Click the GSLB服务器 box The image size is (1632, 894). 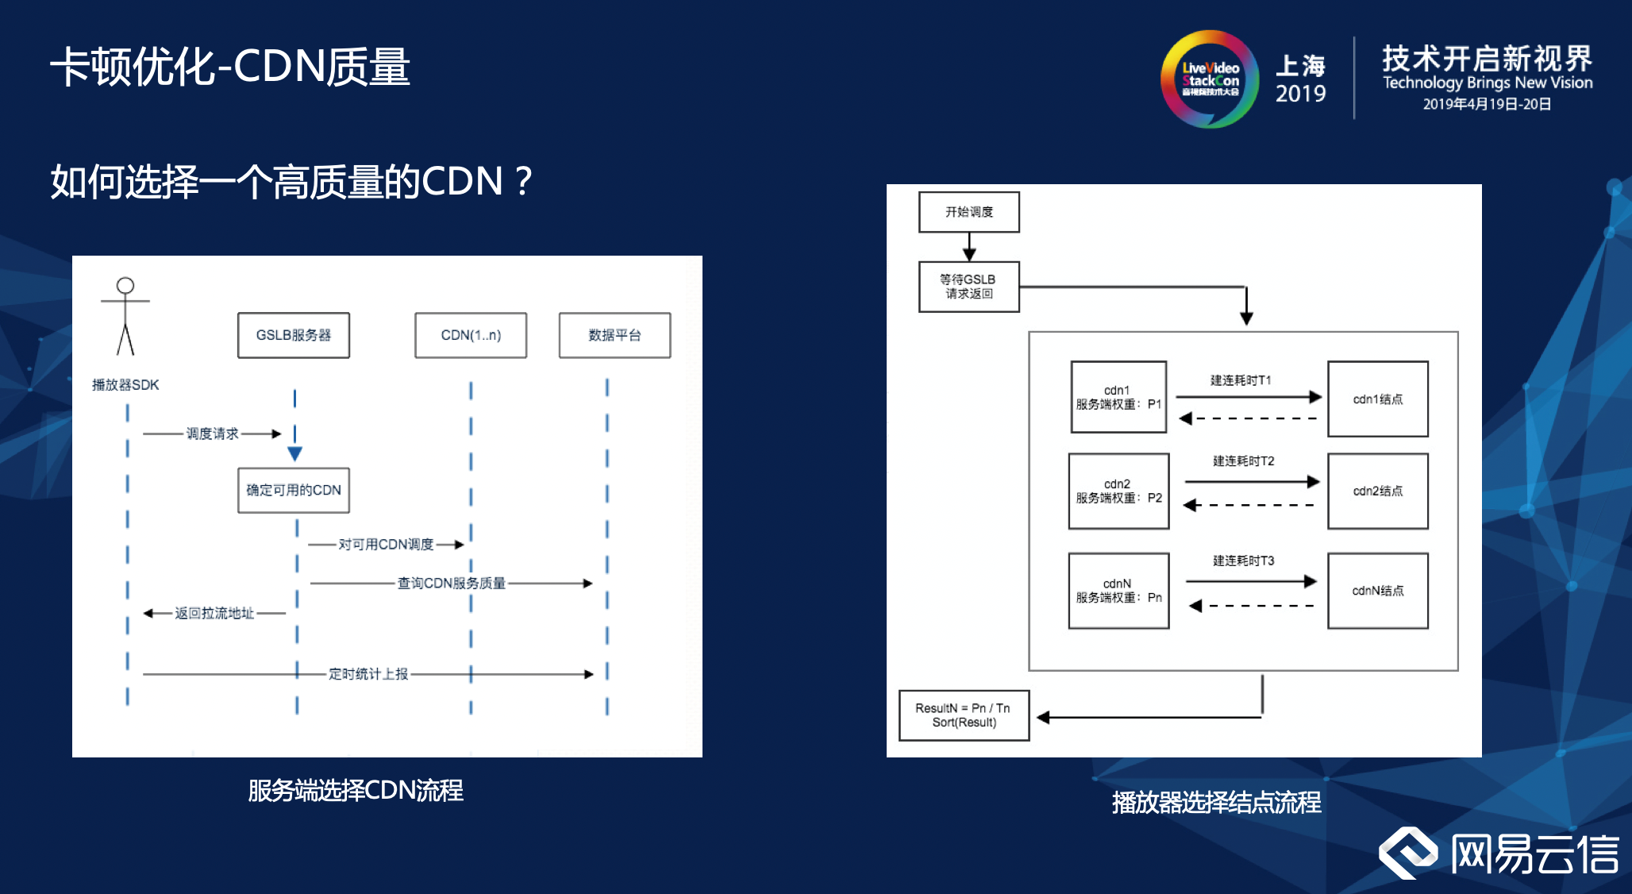click(293, 335)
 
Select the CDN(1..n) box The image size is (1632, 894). click(471, 335)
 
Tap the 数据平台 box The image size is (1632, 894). click(614, 335)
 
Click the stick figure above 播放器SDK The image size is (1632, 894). click(125, 316)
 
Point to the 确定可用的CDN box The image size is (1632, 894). click(293, 490)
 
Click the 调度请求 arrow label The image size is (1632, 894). click(212, 434)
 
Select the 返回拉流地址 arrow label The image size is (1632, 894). click(214, 613)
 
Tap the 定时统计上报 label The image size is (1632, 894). click(368, 674)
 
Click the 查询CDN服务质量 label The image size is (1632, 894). click(451, 583)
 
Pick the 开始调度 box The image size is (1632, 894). click(968, 212)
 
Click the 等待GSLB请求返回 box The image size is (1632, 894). click(968, 287)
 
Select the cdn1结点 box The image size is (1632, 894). click(1377, 399)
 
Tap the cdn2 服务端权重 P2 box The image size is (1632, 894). click(1118, 491)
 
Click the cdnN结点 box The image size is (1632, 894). click(1377, 591)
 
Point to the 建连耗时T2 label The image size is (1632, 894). click(1243, 461)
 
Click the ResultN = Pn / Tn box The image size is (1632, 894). click(964, 715)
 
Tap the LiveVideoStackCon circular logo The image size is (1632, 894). click(1210, 79)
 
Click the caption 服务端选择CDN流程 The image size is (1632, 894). click(356, 791)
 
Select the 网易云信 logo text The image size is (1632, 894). click(1534, 855)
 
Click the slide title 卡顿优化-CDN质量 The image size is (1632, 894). click(230, 67)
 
